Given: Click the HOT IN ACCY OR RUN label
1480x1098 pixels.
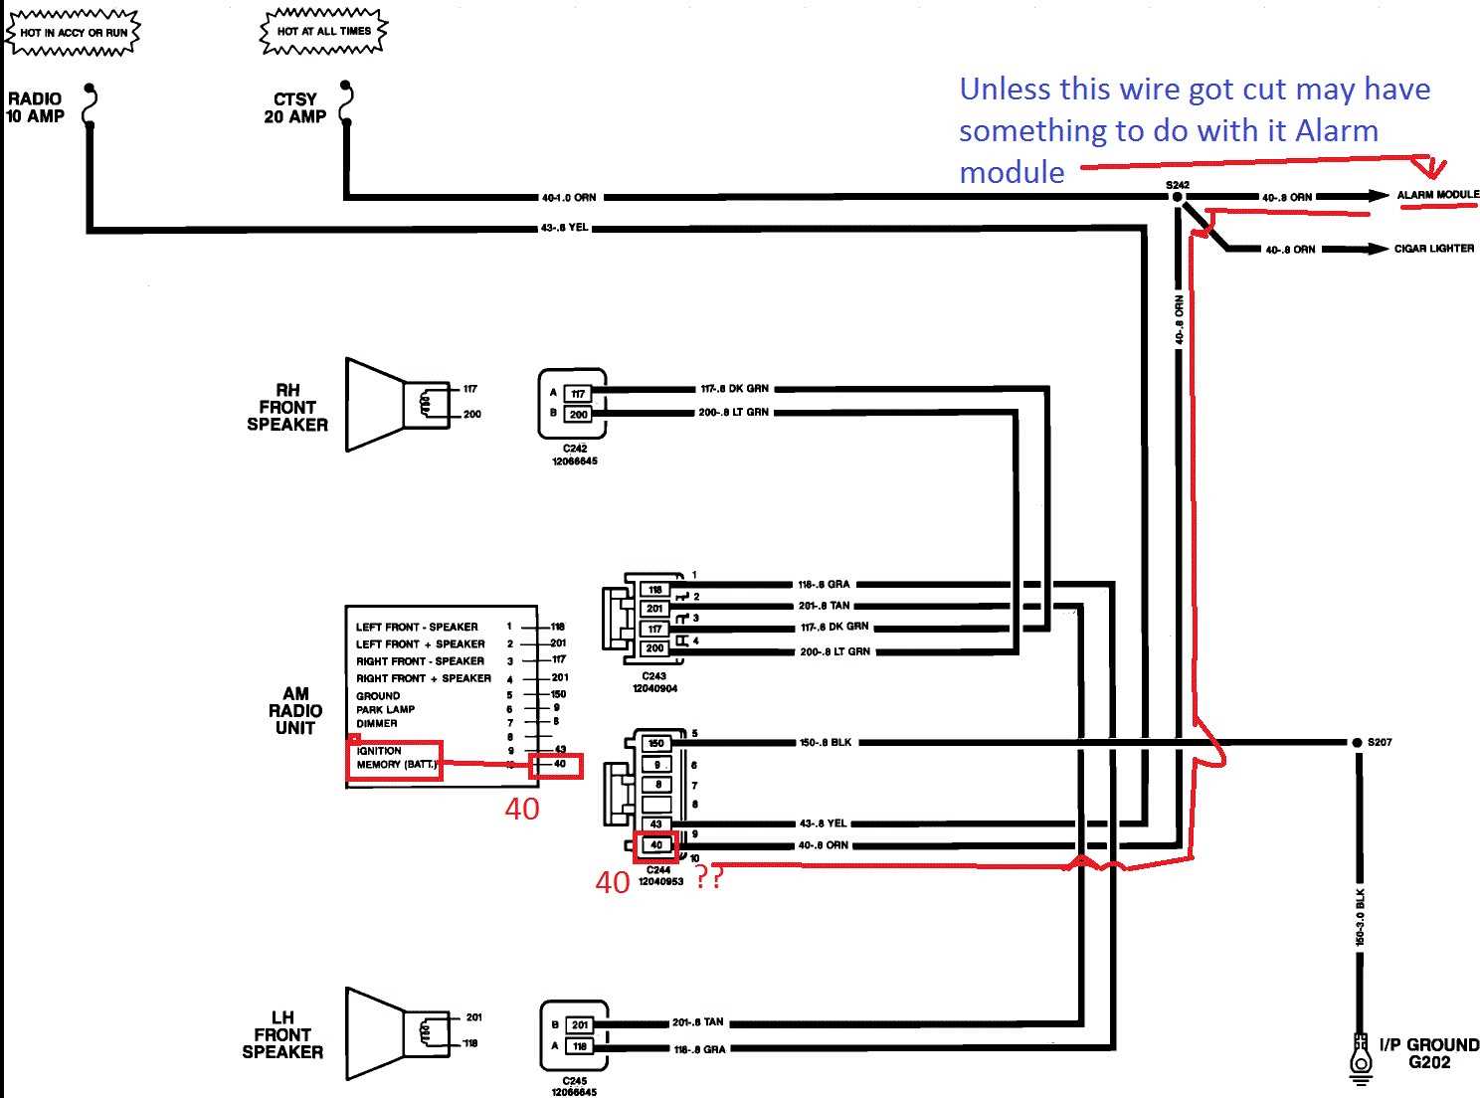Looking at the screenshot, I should coord(74,33).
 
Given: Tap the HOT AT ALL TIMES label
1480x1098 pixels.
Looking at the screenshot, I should coord(323,32).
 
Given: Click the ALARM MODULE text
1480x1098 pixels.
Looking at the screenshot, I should coord(1437,195).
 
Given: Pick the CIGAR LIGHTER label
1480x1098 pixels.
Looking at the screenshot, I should coord(1433,249).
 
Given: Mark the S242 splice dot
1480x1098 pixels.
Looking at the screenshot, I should coord(1178,197).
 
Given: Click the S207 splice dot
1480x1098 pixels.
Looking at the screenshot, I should coord(1357,743).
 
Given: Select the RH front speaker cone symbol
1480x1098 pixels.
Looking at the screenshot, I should coord(376,405).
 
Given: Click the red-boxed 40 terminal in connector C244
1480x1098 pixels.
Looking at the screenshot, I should coord(655,845).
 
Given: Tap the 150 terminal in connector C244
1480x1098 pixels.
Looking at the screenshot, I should coord(655,743).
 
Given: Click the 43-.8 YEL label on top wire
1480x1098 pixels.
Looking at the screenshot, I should coord(565,229).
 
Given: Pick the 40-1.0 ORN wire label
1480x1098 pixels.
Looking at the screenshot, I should coord(569,197).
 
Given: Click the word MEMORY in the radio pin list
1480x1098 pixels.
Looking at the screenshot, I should coord(378,765).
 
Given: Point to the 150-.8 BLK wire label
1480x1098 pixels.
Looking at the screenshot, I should coord(826,743).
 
